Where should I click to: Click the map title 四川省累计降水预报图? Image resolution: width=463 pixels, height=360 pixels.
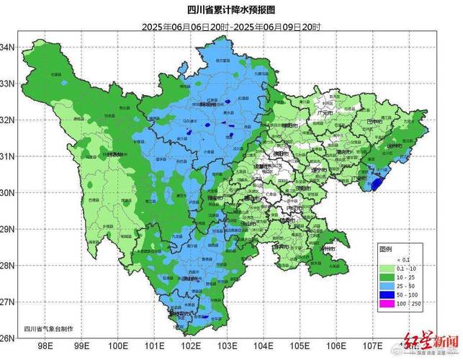231,10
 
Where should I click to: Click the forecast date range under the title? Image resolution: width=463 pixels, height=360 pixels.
231,27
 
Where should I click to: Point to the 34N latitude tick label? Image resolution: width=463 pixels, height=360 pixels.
8,47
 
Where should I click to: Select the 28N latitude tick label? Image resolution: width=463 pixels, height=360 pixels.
8,266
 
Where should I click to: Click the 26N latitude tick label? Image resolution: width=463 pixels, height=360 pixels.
8,338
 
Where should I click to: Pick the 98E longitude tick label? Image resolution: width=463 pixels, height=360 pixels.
45,346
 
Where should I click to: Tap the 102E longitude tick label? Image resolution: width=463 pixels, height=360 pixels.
190,346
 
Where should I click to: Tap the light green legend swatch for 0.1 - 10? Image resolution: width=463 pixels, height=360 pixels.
390,267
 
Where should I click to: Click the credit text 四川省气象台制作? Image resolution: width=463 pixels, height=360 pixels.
48,328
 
